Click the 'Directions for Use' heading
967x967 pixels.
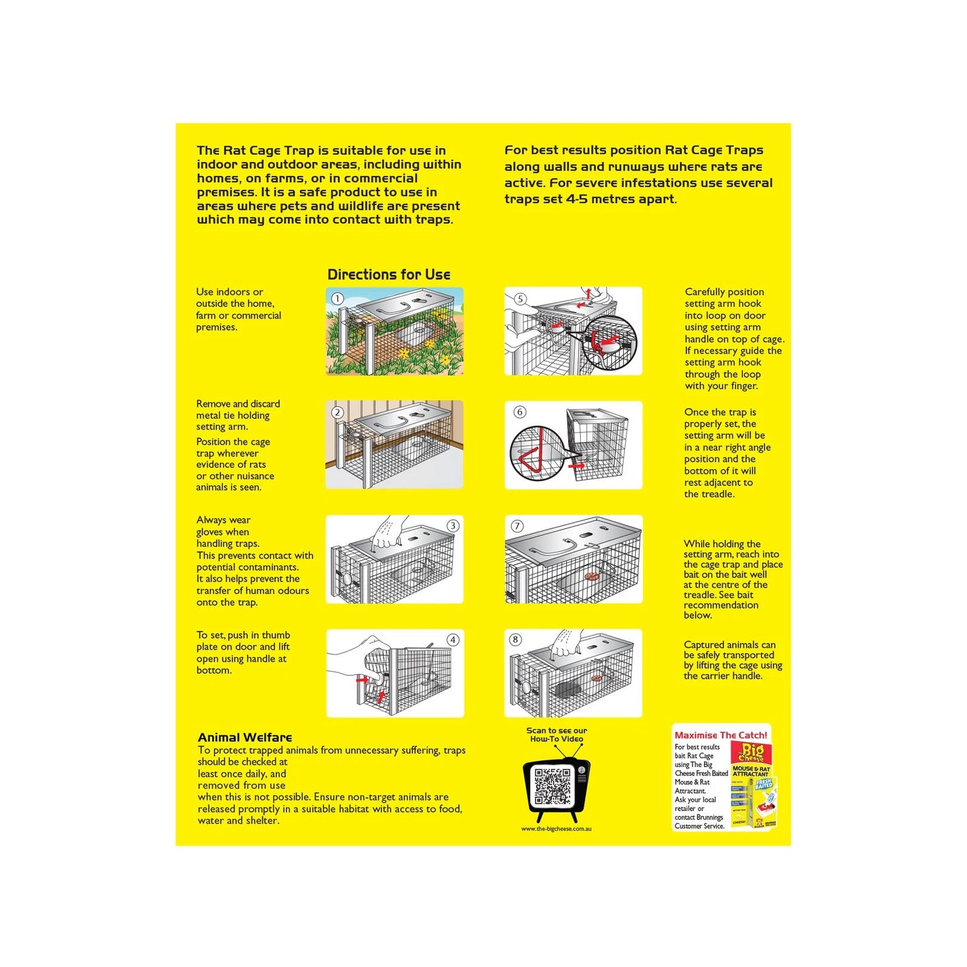(x=388, y=274)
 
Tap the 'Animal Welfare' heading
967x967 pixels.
(x=245, y=737)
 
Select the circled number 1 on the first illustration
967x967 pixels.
(x=337, y=298)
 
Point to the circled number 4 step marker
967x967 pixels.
(x=453, y=640)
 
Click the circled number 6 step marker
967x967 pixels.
(x=520, y=412)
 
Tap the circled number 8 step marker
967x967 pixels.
(x=515, y=639)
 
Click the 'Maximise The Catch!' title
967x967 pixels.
(x=721, y=735)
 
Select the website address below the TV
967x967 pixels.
(x=556, y=828)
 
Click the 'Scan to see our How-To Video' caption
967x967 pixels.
(x=557, y=735)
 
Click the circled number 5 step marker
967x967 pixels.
(x=520, y=298)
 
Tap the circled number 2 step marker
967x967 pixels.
(x=337, y=412)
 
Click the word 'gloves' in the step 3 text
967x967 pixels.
(x=209, y=532)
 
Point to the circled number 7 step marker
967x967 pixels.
(x=517, y=526)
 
